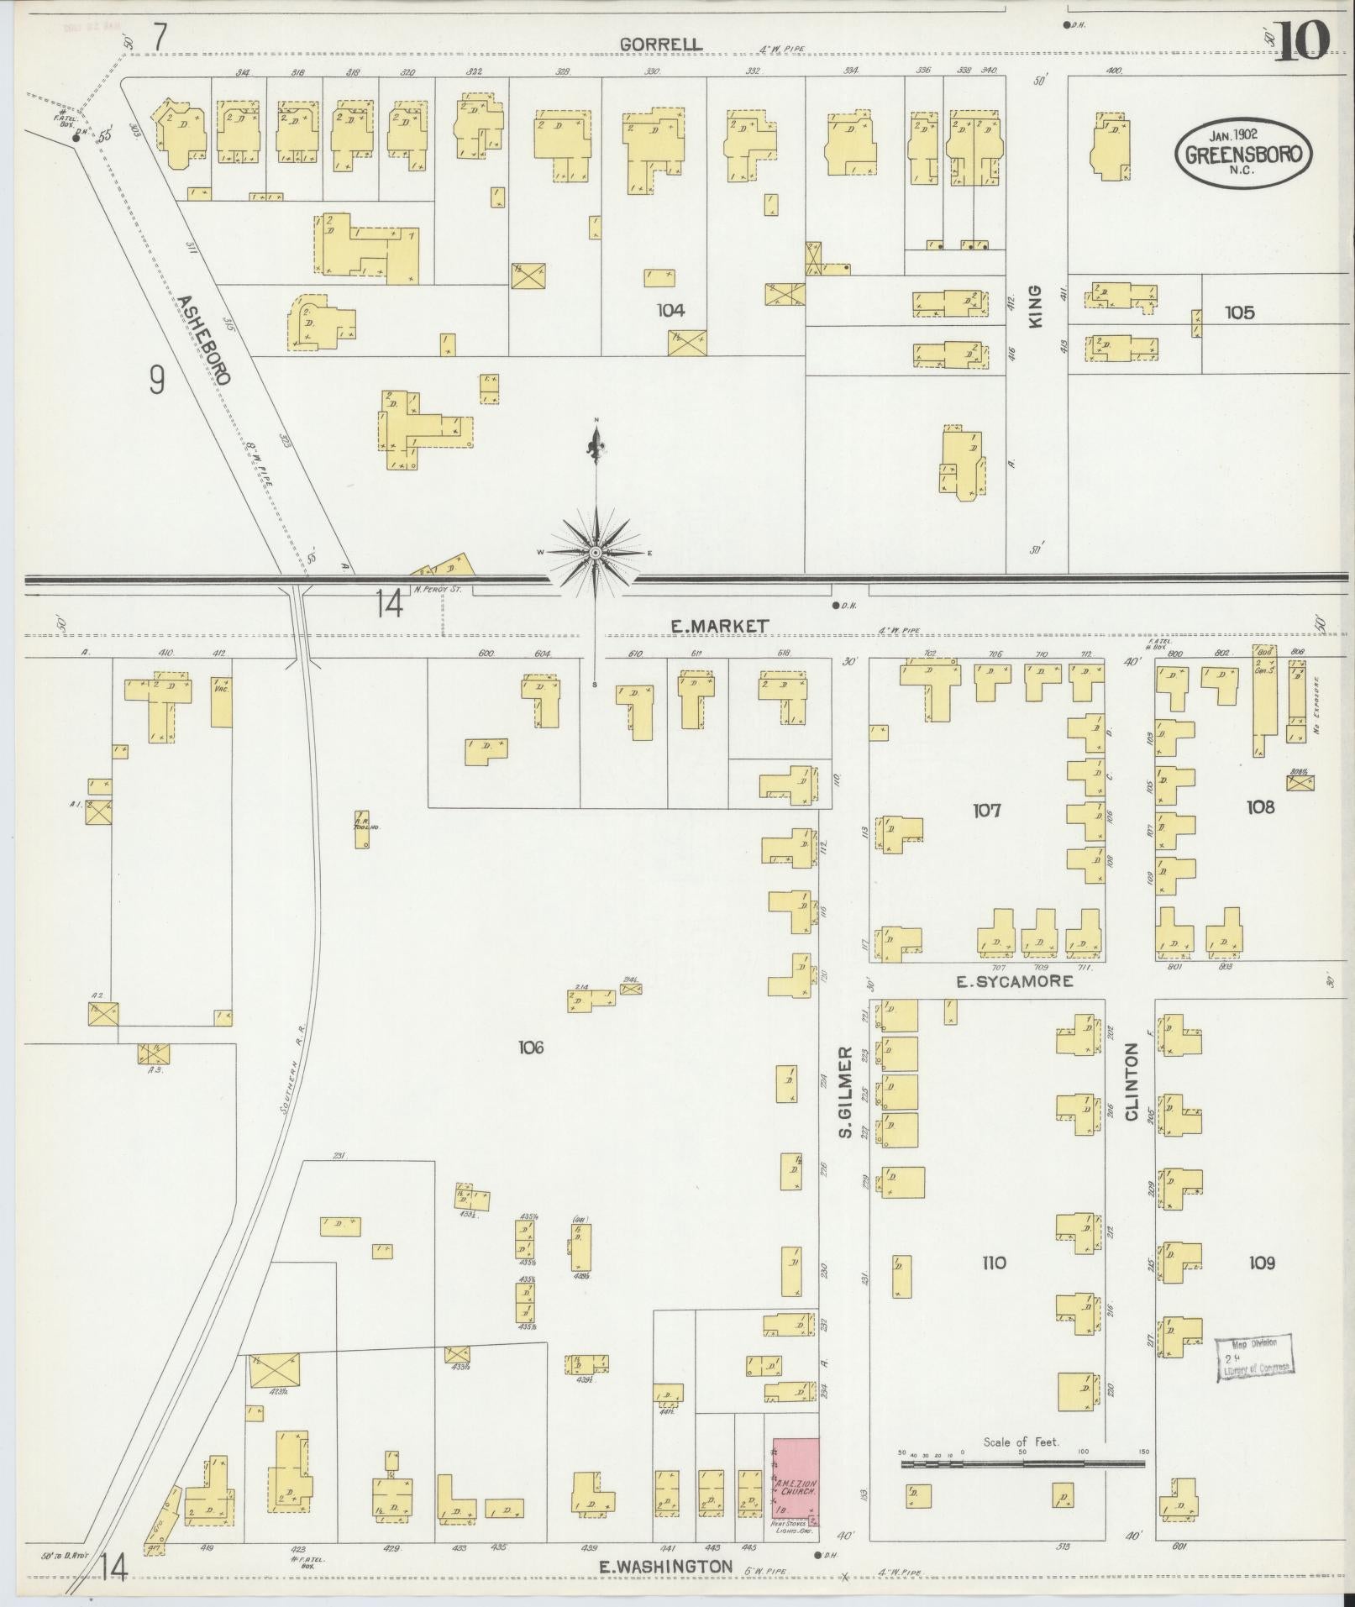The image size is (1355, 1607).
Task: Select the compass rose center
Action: point(596,552)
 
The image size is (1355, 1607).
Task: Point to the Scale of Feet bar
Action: point(1022,1463)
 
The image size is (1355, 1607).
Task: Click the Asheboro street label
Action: point(202,339)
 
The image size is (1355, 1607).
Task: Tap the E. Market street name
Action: point(719,625)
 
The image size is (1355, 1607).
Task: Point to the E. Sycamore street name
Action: point(1016,980)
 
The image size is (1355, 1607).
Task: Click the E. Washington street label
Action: point(665,1566)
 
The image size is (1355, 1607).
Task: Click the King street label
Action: point(1035,306)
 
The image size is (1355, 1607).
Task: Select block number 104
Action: point(670,311)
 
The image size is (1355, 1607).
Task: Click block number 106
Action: point(531,1047)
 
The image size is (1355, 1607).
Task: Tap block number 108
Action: point(1260,807)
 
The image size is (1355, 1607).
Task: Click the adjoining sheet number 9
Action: point(157,381)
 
